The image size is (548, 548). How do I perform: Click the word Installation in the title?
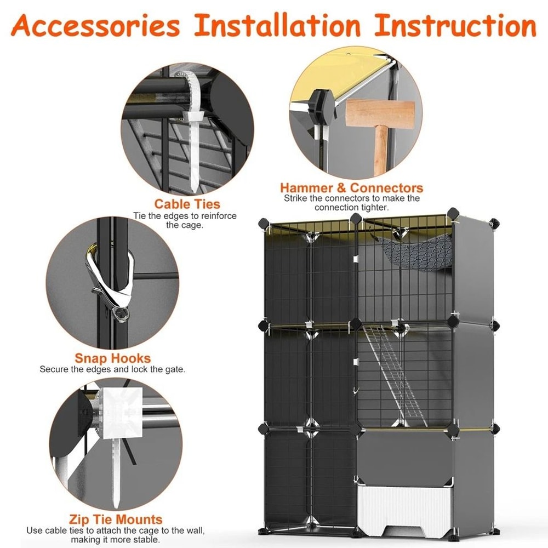pos(278,26)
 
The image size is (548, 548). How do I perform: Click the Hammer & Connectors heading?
pos(351,189)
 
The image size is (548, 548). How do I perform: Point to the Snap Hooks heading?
pos(112,358)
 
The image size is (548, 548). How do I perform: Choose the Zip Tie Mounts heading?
pos(116,519)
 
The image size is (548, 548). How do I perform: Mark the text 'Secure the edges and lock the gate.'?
pos(112,369)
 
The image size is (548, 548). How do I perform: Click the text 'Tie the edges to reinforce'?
pos(185,216)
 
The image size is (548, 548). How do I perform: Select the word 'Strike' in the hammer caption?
pos(295,198)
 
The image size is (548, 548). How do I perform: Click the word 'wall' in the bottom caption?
pos(196,530)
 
